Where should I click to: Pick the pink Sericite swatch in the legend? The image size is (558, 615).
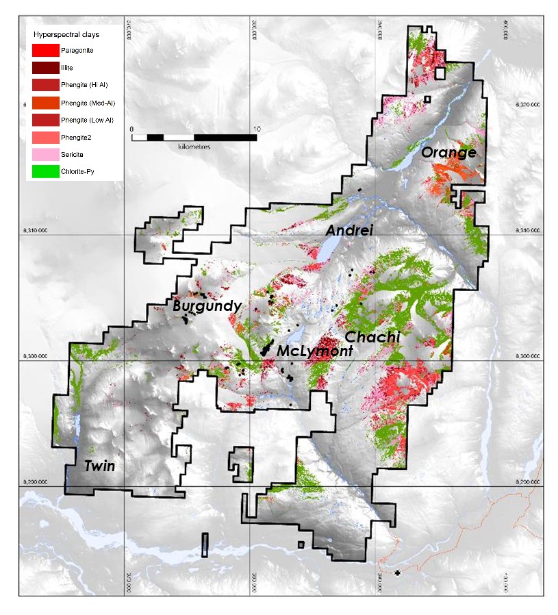pos(46,155)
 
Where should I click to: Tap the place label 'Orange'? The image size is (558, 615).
pos(448,153)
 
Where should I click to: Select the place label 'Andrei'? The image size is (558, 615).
pos(349,231)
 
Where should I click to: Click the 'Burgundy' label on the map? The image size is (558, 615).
pos(207,306)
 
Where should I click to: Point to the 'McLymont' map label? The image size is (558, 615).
pos(315,351)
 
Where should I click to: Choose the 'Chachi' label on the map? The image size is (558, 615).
pos(372,337)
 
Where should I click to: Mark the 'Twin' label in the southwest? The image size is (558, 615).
pos(99,466)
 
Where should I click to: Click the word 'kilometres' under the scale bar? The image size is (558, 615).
pos(194,147)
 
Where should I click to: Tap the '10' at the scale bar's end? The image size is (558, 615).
pos(256,128)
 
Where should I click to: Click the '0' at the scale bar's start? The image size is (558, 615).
pos(132,128)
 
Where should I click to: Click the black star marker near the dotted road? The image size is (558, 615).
pos(397,573)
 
